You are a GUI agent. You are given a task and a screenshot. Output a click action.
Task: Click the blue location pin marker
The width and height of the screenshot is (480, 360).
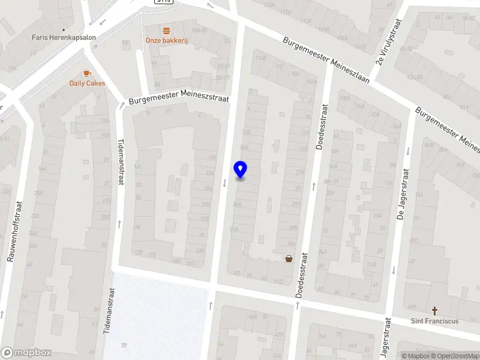point(240,170)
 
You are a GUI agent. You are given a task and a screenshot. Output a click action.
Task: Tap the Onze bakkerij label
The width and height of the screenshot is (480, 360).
point(166,40)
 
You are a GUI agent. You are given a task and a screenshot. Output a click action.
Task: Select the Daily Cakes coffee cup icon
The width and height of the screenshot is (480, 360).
point(87,73)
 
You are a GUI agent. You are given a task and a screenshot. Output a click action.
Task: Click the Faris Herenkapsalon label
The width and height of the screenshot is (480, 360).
point(63,37)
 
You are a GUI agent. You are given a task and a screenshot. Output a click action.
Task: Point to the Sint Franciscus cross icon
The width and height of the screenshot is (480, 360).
point(434,311)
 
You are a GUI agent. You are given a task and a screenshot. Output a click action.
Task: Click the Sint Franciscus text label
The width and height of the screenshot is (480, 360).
point(434,321)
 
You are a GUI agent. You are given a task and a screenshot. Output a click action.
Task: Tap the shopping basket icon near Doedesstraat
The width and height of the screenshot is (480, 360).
point(289,259)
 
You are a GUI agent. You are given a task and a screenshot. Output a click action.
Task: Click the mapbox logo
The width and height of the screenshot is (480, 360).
point(26,353)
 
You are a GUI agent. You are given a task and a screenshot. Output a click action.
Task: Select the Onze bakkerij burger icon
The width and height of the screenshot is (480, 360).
point(166,29)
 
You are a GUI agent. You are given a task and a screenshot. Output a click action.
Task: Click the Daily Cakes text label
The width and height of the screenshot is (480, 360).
point(87,83)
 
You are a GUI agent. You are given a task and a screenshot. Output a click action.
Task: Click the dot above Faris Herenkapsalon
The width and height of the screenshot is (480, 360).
point(63,28)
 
